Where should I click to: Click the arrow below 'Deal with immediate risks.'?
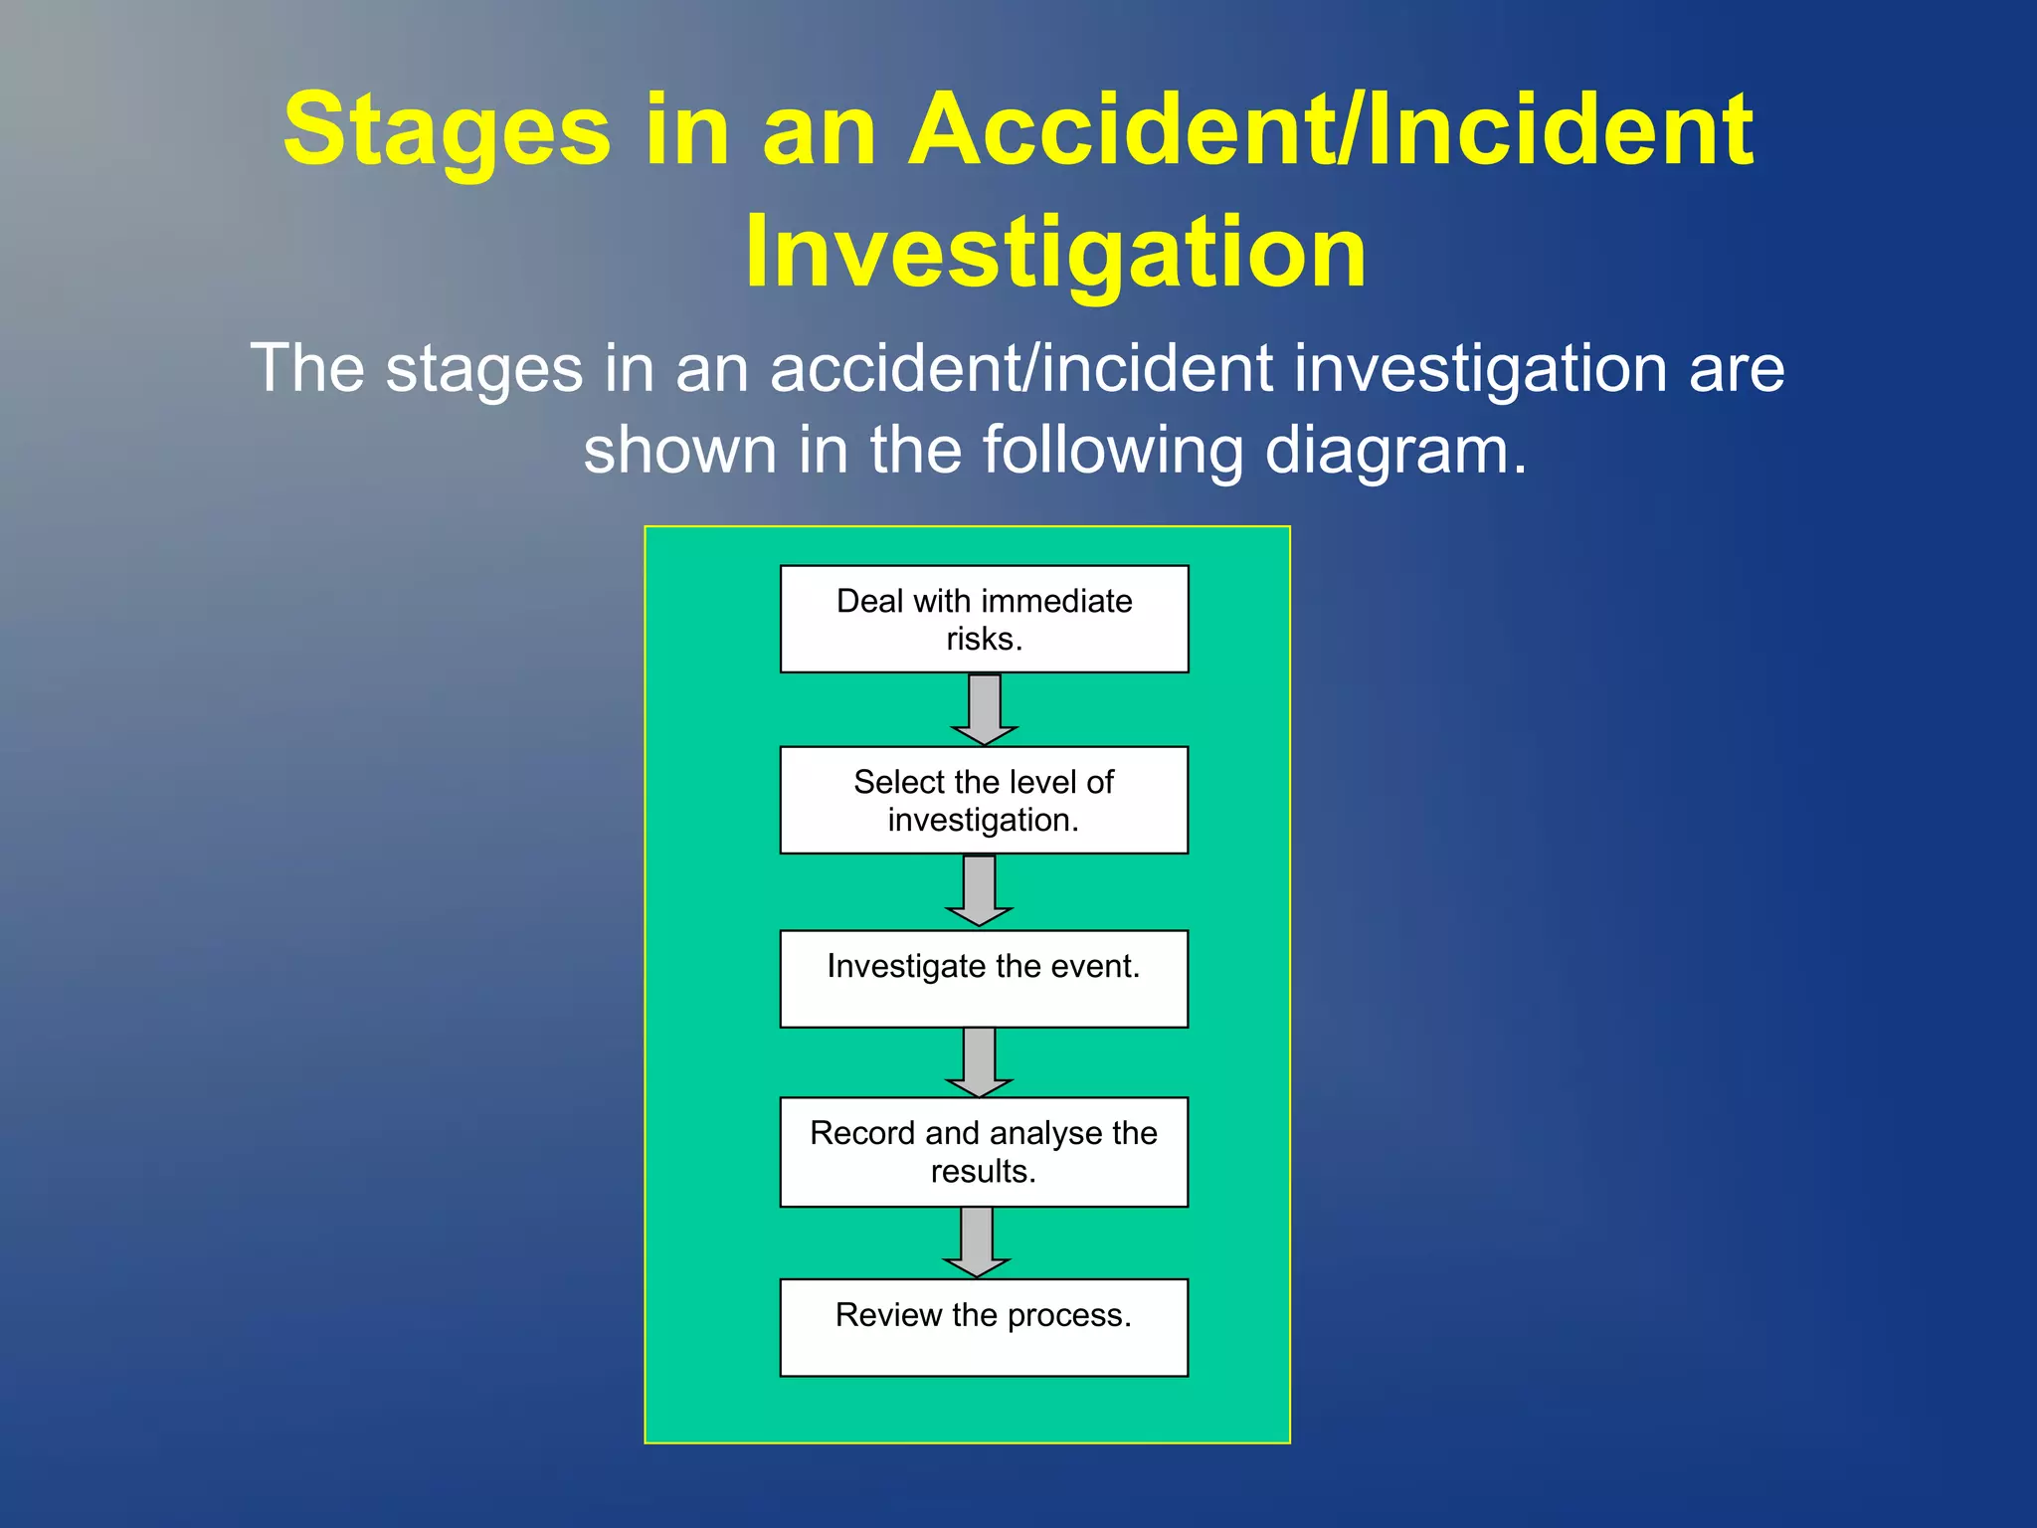[x=984, y=708]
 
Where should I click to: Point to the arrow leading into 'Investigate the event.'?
[x=979, y=889]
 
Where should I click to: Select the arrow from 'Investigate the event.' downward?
[x=979, y=1061]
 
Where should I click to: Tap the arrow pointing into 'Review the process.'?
[x=976, y=1241]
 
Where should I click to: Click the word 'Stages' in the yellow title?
[x=447, y=129]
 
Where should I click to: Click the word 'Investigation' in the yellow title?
[x=1055, y=253]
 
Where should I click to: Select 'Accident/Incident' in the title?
[x=1331, y=129]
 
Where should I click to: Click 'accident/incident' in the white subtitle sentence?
[x=1022, y=368]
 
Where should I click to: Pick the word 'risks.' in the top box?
[x=984, y=639]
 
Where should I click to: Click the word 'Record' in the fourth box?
[x=862, y=1133]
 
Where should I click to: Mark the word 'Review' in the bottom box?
[x=888, y=1315]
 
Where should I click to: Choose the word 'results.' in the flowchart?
[x=983, y=1172]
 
